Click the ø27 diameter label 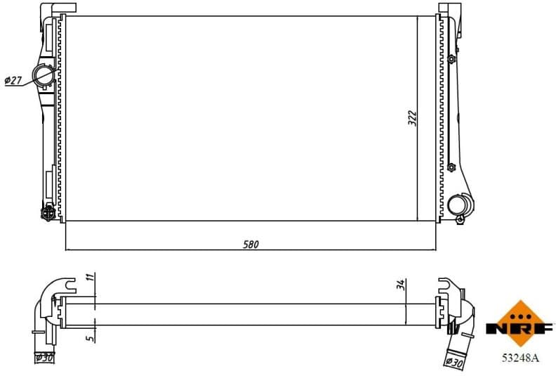[x=13, y=81]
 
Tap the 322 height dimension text [x=413, y=118]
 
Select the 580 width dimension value [x=251, y=245]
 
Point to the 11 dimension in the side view [x=90, y=278]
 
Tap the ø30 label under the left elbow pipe [x=44, y=357]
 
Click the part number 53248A [x=520, y=358]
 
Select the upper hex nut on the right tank [x=451, y=60]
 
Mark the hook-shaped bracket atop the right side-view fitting [x=446, y=285]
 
